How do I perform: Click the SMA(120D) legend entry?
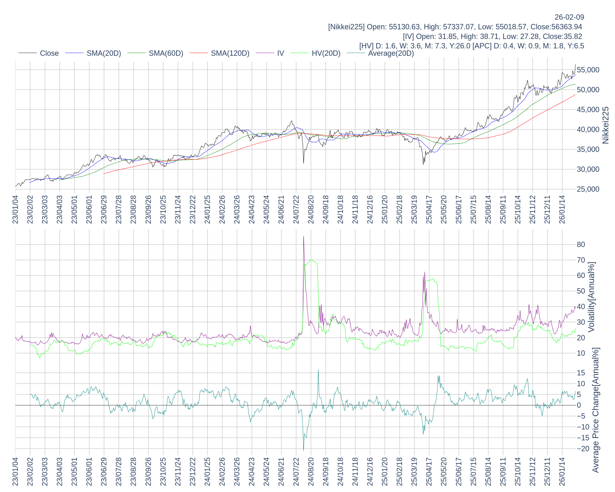tap(230, 53)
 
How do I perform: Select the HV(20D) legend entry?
tap(326, 53)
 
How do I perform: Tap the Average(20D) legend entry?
tap(391, 53)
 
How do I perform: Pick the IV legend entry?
tap(280, 53)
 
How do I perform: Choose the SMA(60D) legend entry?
tap(166, 53)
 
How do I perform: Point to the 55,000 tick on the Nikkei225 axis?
tap(588, 70)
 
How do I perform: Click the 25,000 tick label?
tap(588, 189)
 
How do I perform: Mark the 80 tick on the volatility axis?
tap(581, 244)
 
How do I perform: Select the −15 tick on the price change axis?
tap(581, 438)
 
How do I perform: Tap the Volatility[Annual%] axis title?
tap(591, 297)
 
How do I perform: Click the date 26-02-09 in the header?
tap(569, 17)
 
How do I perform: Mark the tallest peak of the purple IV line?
tap(303, 236)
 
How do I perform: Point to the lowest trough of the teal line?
tap(303, 450)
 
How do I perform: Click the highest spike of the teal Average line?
tap(318, 370)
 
